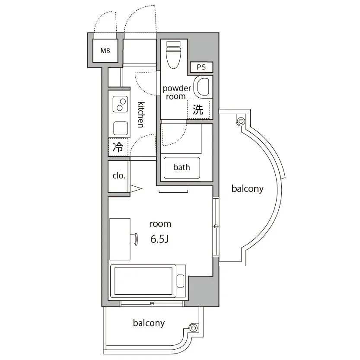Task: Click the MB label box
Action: pyautogui.click(x=105, y=51)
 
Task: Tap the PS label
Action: pyautogui.click(x=201, y=67)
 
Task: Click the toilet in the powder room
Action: pyautogui.click(x=174, y=55)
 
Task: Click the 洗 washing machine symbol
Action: pyautogui.click(x=198, y=109)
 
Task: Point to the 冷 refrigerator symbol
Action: pyautogui.click(x=118, y=147)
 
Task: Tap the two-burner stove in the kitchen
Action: pyautogui.click(x=120, y=104)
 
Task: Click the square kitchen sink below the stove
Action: pyautogui.click(x=121, y=128)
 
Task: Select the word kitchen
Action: pyautogui.click(x=141, y=115)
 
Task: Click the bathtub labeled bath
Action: pyautogui.click(x=182, y=168)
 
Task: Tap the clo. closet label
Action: pyautogui.click(x=119, y=176)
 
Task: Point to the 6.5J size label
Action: pyautogui.click(x=159, y=239)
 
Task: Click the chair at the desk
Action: pyautogui.click(x=134, y=239)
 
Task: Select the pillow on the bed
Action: pyautogui.click(x=181, y=281)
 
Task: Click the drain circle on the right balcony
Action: pyautogui.click(x=241, y=121)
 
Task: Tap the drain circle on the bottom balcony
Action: pyautogui.click(x=193, y=328)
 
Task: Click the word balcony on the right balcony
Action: pyautogui.click(x=248, y=189)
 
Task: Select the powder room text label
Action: pyautogui.click(x=177, y=92)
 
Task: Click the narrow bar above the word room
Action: pyautogui.click(x=173, y=191)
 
